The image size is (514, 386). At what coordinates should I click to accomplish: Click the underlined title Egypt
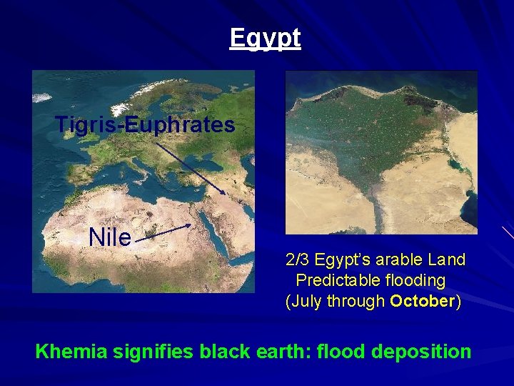pyautogui.click(x=265, y=38)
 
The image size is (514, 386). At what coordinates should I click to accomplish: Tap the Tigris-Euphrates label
pyautogui.click(x=145, y=125)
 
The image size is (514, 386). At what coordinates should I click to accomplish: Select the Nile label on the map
pyautogui.click(x=110, y=237)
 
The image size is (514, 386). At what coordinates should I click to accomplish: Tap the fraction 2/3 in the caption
pyautogui.click(x=298, y=259)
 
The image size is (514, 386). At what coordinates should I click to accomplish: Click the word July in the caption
pyautogui.click(x=307, y=301)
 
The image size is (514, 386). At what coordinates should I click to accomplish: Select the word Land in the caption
pyautogui.click(x=448, y=259)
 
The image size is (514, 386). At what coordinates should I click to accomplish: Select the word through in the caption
pyautogui.click(x=356, y=301)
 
